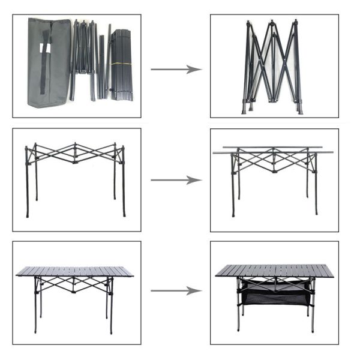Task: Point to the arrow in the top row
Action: [x=175, y=70]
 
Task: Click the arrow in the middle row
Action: [x=175, y=180]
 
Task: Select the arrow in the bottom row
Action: [x=175, y=291]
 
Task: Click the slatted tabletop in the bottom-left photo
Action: [x=76, y=271]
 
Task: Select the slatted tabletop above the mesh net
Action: [x=274, y=271]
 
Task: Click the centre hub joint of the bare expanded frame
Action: [x=75, y=161]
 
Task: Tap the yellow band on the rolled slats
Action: [x=122, y=62]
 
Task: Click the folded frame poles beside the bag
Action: [x=87, y=60]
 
